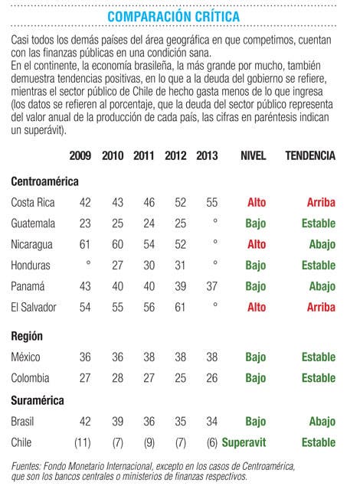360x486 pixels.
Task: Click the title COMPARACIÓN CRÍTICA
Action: tap(174, 16)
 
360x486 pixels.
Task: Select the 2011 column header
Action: tap(144, 155)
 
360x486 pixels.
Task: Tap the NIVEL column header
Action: tap(254, 155)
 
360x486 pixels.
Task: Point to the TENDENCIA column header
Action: tap(310, 155)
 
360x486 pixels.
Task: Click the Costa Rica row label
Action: tap(33, 202)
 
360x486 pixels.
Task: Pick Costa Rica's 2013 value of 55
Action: tap(211, 202)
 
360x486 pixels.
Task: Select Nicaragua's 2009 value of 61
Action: tap(85, 244)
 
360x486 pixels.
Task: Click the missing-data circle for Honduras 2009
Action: tap(88, 263)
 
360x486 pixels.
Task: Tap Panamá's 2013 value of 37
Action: tap(211, 286)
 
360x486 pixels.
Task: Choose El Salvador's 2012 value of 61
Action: tap(180, 307)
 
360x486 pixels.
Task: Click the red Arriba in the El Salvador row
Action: tap(321, 307)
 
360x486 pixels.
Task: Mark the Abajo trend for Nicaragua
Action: tap(322, 245)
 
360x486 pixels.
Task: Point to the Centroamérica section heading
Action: tap(44, 181)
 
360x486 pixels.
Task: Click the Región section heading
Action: tap(27, 336)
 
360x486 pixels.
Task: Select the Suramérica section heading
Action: tap(38, 400)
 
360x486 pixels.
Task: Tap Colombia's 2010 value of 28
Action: tap(117, 378)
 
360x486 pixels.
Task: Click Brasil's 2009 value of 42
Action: tap(85, 422)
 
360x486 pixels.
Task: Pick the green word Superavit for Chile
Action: tap(244, 442)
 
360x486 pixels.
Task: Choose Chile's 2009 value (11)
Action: tap(83, 442)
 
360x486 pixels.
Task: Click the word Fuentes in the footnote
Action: tap(26, 466)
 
